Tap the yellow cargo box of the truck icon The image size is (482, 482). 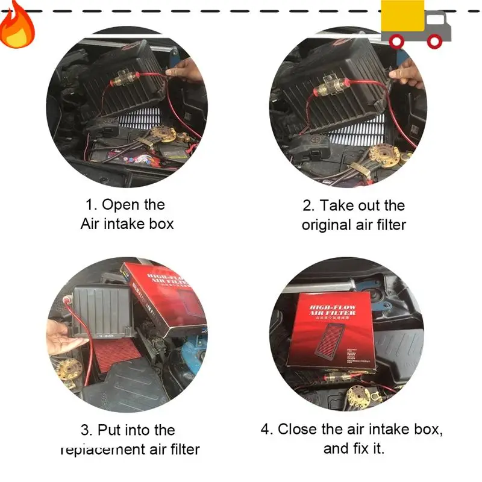[402, 17]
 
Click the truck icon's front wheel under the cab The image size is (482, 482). [434, 41]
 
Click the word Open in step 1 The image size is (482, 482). [121, 205]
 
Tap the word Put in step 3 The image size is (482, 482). [111, 430]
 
